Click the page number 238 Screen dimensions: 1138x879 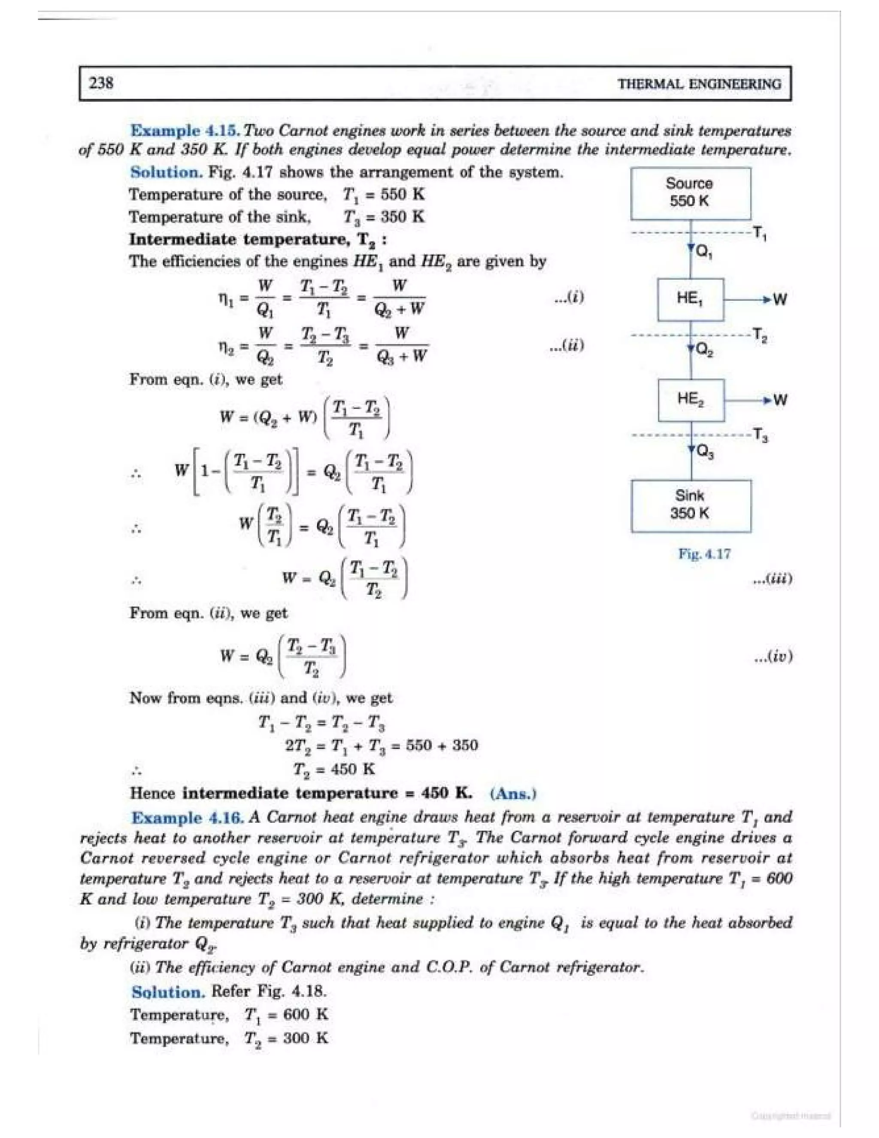tap(102, 83)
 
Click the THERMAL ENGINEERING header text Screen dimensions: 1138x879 tap(699, 84)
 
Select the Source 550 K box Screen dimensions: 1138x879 tap(690, 193)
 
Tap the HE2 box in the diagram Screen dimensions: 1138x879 tap(691, 400)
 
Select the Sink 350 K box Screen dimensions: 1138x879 tap(691, 505)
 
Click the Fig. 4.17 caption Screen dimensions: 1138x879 tap(704, 554)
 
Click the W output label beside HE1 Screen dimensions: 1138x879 tap(779, 300)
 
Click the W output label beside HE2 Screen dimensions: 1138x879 tap(780, 400)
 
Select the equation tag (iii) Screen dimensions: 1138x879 tap(773, 579)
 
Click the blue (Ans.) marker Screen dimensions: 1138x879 tap(512, 794)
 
